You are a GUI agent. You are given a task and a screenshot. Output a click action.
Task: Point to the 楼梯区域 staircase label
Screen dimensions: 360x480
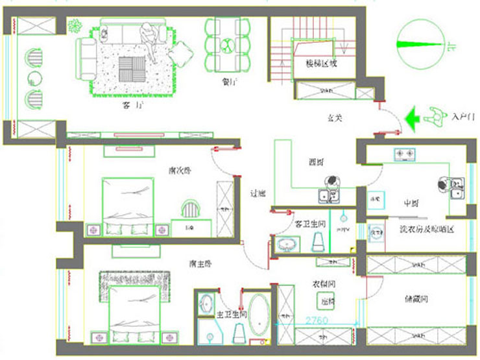coord(321,64)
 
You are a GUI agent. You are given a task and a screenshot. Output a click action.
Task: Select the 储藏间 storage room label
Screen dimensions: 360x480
coord(416,299)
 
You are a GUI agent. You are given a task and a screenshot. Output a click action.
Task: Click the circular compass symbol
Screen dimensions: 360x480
coord(415,44)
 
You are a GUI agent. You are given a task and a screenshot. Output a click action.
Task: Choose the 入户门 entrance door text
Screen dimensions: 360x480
coord(461,117)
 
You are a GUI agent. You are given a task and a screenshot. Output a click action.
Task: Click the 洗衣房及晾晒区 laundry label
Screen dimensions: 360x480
coord(426,229)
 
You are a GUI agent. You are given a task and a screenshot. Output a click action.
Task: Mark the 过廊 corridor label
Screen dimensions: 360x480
coord(258,193)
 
